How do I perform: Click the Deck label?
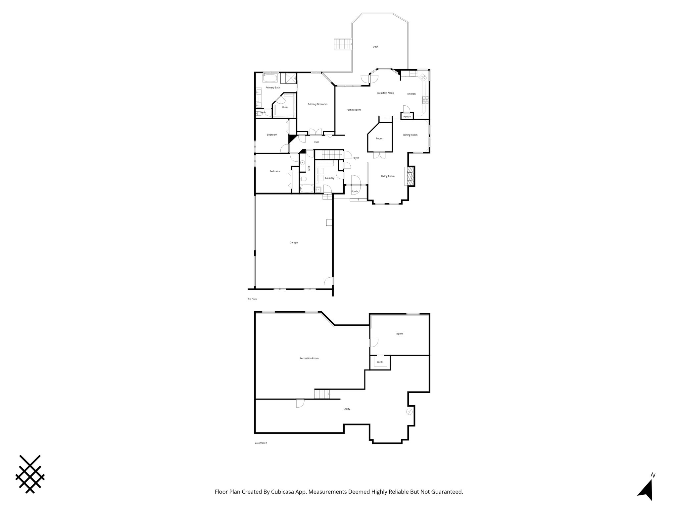tap(375, 47)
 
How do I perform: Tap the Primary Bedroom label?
tap(317, 104)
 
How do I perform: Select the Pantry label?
tap(407, 117)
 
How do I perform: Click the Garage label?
tap(294, 243)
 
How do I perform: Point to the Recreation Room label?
tap(309, 358)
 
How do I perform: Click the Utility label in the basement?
tap(347, 409)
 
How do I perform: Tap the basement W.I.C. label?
tap(380, 362)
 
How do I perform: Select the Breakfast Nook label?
tap(385, 93)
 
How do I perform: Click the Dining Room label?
tap(410, 135)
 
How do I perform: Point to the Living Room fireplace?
tap(410, 176)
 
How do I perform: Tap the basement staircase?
tap(322, 394)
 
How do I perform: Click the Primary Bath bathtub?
tap(270, 79)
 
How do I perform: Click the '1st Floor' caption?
tap(252, 299)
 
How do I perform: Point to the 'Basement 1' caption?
tap(261, 443)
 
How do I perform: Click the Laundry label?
tap(329, 178)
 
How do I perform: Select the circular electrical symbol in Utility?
tap(410, 412)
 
